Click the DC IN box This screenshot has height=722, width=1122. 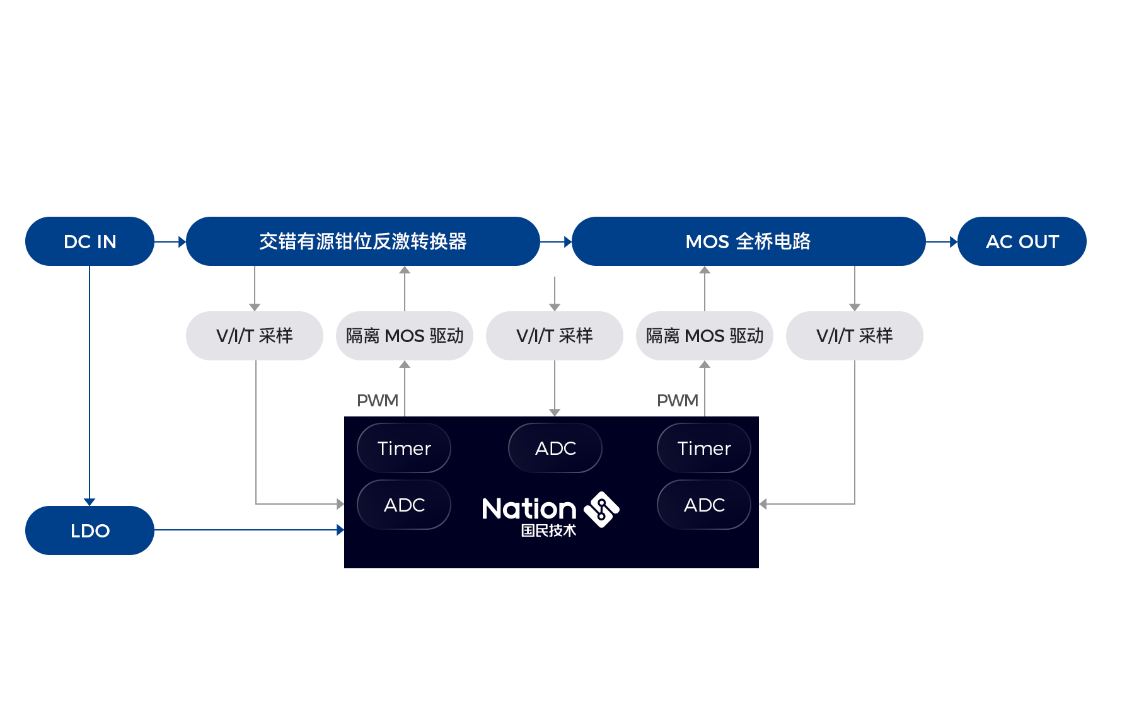pyautogui.click(x=90, y=241)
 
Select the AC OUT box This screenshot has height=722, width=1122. pyautogui.click(x=1022, y=241)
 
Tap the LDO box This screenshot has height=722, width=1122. pyautogui.click(x=90, y=530)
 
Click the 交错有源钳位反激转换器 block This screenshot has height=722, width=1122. pyautogui.click(x=363, y=241)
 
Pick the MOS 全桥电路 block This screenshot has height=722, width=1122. pyautogui.click(x=748, y=241)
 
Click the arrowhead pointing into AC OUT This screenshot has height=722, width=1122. pyautogui.click(x=954, y=241)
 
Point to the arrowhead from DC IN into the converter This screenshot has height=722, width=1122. pyautogui.click(x=182, y=241)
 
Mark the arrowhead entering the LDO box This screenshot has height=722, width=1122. pyautogui.click(x=90, y=502)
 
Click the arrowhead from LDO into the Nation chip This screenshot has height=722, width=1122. pyautogui.click(x=340, y=530)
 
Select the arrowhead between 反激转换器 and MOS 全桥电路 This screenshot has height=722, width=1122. pyautogui.click(x=568, y=241)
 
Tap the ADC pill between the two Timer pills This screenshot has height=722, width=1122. pyautogui.click(x=555, y=448)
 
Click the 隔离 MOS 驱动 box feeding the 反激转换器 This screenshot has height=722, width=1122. pyautogui.click(x=405, y=336)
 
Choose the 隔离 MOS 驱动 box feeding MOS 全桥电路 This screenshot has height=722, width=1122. pyautogui.click(x=705, y=336)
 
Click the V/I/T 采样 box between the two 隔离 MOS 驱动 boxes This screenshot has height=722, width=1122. pyautogui.click(x=555, y=336)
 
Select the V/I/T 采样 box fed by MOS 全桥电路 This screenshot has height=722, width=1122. pyautogui.click(x=855, y=336)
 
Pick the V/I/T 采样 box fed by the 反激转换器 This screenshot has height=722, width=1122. pyautogui.click(x=255, y=336)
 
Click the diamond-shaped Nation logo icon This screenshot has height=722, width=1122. pyautogui.click(x=602, y=509)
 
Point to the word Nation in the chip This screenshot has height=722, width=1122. pyautogui.click(x=529, y=508)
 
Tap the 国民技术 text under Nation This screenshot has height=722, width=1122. pyautogui.click(x=548, y=530)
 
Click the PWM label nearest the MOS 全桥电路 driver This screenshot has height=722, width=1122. pyautogui.click(x=678, y=401)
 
